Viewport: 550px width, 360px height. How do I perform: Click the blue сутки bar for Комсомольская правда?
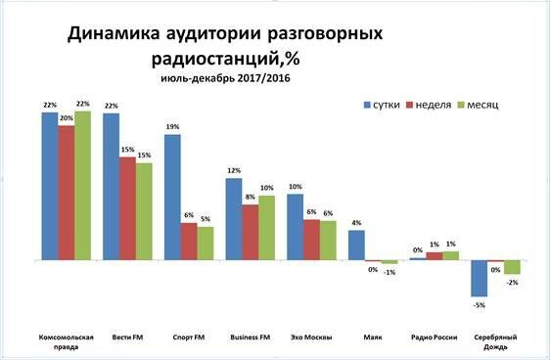[49, 186]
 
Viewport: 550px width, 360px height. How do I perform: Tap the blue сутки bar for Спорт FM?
[172, 197]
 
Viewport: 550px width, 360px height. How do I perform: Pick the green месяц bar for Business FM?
[266, 228]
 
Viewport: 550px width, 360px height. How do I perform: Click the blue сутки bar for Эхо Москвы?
[295, 227]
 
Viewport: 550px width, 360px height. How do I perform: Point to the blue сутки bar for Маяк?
[356, 246]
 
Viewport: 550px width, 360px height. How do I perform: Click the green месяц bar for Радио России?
[450, 256]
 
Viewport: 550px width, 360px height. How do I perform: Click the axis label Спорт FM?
[189, 337]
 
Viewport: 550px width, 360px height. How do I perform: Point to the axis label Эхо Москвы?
[311, 337]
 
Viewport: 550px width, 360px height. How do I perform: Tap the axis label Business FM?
[250, 337]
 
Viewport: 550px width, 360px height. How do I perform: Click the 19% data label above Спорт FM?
[172, 127]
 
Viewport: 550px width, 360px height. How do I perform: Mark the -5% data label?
[480, 304]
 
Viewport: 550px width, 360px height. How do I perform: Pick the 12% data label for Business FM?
[234, 171]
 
